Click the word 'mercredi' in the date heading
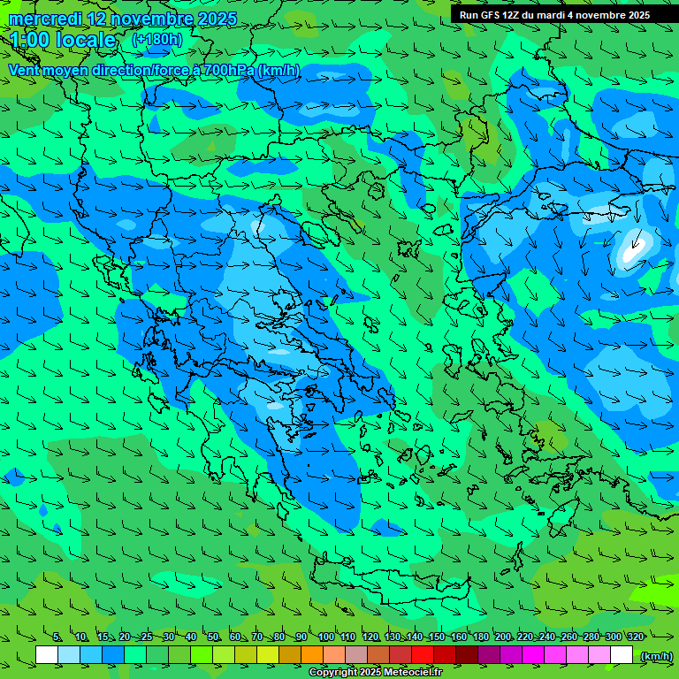[x=45, y=19]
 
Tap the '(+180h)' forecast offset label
[x=156, y=39]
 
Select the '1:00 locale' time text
[x=63, y=40]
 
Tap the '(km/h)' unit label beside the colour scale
[x=654, y=655]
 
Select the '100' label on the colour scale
[x=325, y=637]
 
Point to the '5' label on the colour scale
[x=57, y=637]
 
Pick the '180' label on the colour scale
[x=480, y=637]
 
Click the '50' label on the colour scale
[x=213, y=637]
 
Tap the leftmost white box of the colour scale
[x=47, y=655]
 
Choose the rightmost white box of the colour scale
[x=622, y=655]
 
